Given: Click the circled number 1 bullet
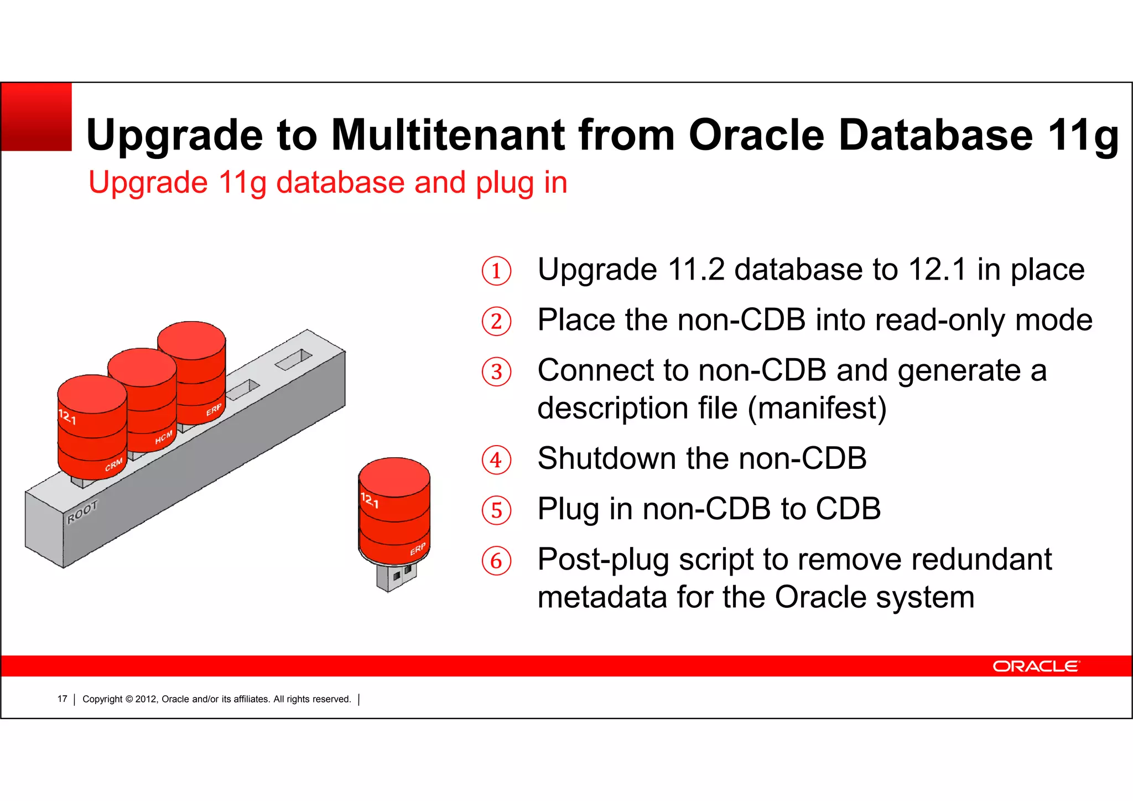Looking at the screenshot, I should (496, 271).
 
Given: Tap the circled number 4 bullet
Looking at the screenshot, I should (496, 460).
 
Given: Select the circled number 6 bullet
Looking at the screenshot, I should (496, 561).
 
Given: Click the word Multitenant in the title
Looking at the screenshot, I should (448, 135).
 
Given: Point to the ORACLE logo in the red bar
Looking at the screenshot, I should (1035, 666).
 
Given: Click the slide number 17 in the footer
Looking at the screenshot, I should (62, 699).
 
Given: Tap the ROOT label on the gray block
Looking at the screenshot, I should (82, 512).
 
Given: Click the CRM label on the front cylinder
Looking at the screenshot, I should (114, 464).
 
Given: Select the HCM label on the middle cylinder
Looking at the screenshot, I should (164, 437).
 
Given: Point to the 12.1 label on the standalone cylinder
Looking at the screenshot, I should (370, 500).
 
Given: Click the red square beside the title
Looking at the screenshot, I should (37, 117).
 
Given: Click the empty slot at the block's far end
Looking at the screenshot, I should (294, 359).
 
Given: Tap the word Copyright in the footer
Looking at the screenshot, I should (102, 699).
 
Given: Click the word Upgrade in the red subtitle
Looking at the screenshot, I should (148, 183).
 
